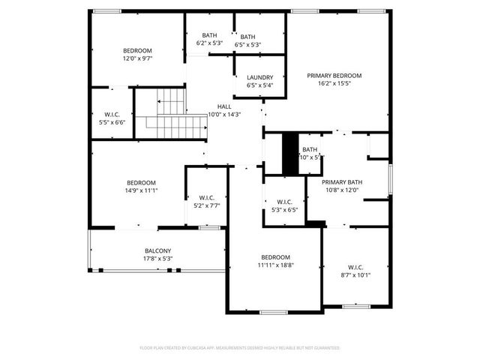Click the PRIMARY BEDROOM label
tap(334, 76)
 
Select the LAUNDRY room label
tap(260, 77)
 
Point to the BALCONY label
tap(158, 251)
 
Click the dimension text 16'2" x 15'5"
tap(334, 83)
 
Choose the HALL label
tap(224, 106)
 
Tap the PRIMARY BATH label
tap(342, 182)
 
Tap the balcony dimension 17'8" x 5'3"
tap(158, 259)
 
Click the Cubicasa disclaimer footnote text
tap(240, 348)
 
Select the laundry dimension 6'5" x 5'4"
tap(260, 85)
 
